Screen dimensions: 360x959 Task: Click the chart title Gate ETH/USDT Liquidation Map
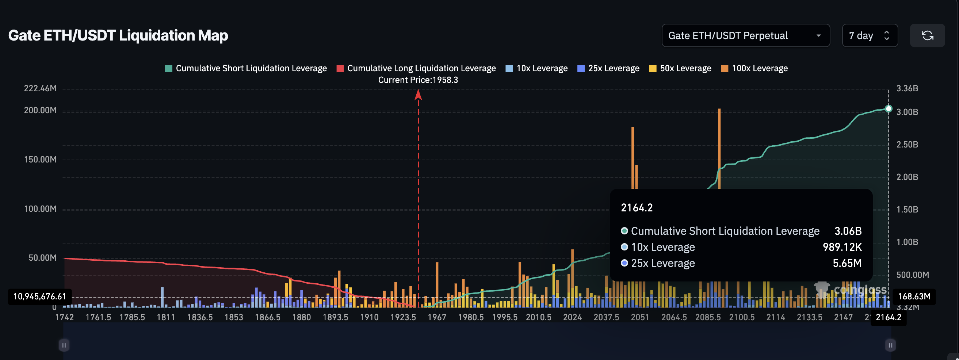(x=118, y=35)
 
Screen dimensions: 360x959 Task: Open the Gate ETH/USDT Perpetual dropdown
(x=745, y=36)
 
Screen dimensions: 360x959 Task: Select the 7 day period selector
(x=869, y=36)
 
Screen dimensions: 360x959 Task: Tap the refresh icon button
(x=927, y=36)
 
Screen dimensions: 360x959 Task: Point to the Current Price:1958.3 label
(x=418, y=80)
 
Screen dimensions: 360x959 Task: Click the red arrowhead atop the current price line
(x=418, y=95)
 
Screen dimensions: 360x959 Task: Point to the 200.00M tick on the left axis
(x=40, y=111)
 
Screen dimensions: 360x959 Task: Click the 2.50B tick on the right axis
(x=907, y=145)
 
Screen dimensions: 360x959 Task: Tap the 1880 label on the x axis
(x=301, y=317)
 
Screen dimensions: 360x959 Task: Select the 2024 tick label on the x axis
(x=572, y=317)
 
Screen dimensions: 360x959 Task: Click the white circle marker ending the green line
(x=888, y=109)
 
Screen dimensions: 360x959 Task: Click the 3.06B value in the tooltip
(x=848, y=231)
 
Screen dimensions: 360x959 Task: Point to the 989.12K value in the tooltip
(x=842, y=247)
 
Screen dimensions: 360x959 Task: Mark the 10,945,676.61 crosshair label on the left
(x=40, y=296)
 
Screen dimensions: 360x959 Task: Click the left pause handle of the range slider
(x=64, y=345)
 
